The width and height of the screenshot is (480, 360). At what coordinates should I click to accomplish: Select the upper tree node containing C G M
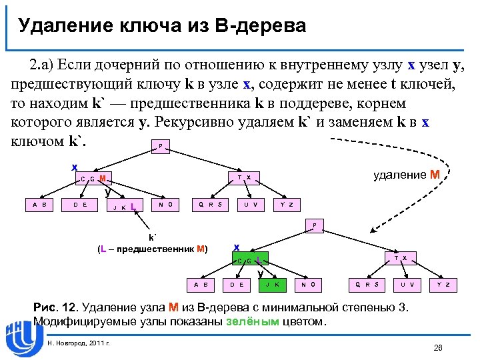click(93, 178)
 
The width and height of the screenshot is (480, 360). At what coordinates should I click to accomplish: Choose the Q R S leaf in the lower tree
click(367, 285)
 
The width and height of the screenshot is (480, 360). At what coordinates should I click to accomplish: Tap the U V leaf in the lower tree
click(408, 285)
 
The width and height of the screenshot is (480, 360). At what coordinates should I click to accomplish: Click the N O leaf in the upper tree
click(166, 204)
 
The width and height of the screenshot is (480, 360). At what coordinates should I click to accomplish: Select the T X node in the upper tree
click(243, 178)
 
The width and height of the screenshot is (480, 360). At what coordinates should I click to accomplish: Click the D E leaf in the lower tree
click(236, 285)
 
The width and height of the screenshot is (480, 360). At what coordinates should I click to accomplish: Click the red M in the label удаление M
click(434, 175)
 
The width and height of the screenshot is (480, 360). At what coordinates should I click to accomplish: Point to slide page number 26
click(438, 347)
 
